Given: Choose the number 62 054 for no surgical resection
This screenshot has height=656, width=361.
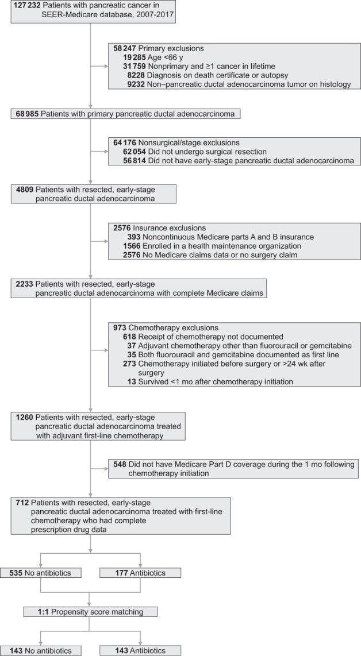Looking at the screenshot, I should (x=135, y=152).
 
